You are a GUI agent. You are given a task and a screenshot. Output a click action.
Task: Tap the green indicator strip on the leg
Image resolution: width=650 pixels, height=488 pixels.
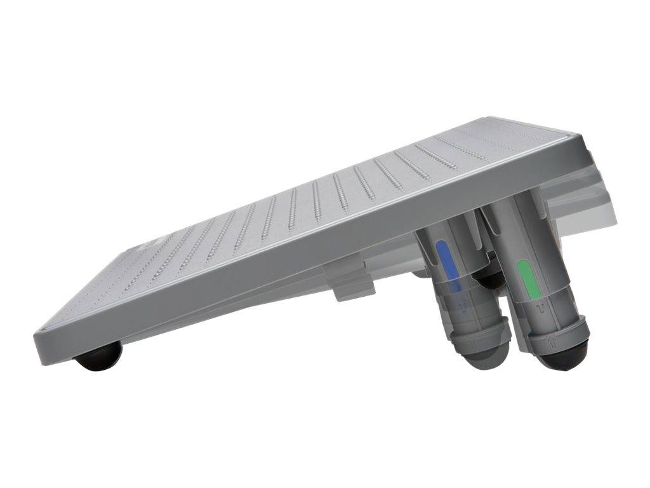pyautogui.click(x=529, y=278)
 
